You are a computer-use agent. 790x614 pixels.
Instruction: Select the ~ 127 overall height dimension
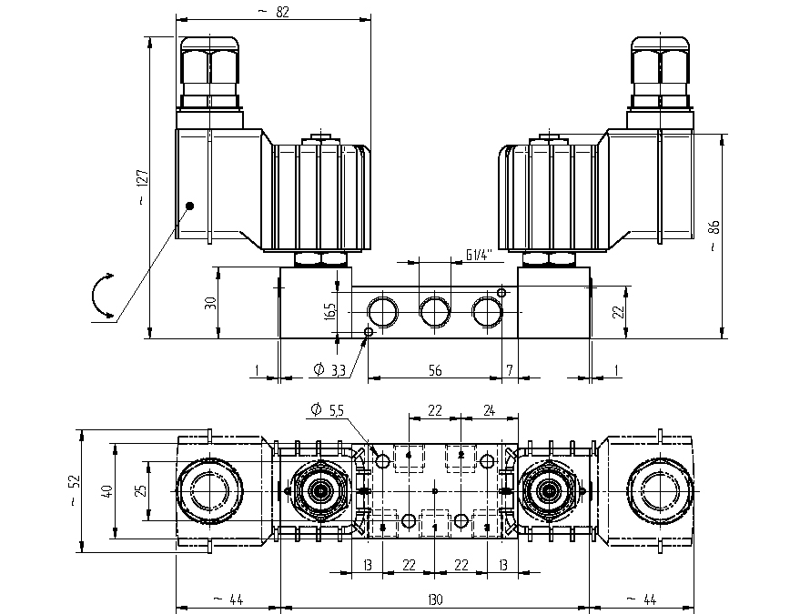(142, 188)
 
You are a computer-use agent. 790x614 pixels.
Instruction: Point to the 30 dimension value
(208, 302)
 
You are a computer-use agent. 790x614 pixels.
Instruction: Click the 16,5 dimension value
(329, 310)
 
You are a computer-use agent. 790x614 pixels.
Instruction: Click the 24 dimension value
(489, 410)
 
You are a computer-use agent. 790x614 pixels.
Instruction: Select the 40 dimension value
(107, 490)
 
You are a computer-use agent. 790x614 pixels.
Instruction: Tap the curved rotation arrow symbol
(103, 296)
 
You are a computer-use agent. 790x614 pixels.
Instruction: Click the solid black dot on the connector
(190, 206)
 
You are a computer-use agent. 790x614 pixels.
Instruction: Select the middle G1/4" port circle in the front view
(434, 312)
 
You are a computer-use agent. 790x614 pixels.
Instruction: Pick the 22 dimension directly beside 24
(434, 410)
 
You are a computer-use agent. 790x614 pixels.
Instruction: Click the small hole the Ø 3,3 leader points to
(369, 332)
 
